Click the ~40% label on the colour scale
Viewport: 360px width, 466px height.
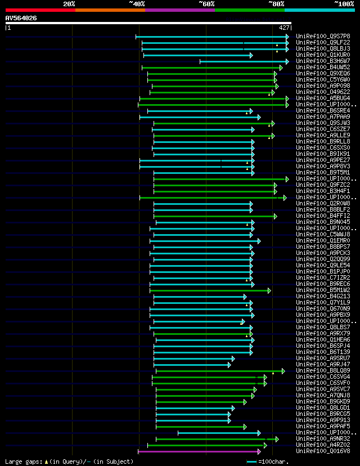pyautogui.click(x=137, y=4)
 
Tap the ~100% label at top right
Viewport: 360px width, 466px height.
pyautogui.click(x=344, y=4)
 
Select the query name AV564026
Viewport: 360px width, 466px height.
pyautogui.click(x=21, y=18)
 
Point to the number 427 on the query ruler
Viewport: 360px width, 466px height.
pyautogui.click(x=284, y=28)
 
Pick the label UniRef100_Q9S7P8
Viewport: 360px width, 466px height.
pyautogui.click(x=323, y=36)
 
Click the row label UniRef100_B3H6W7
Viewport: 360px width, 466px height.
pyautogui.click(x=323, y=61)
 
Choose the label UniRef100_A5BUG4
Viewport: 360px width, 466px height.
pyautogui.click(x=323, y=98)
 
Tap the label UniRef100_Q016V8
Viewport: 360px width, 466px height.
pyautogui.click(x=323, y=451)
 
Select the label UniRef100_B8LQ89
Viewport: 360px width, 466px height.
pyautogui.click(x=323, y=370)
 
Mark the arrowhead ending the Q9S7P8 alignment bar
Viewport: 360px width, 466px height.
pyautogui.click(x=287, y=37)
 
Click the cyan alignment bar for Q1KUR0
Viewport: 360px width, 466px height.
pyautogui.click(x=197, y=55)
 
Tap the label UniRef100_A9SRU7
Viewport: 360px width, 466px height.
pyautogui.click(x=323, y=358)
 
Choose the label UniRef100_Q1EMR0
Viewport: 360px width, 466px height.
pyautogui.click(x=323, y=240)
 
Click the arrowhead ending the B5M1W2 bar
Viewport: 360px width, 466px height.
pyautogui.click(x=269, y=290)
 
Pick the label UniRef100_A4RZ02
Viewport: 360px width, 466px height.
pyautogui.click(x=323, y=445)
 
